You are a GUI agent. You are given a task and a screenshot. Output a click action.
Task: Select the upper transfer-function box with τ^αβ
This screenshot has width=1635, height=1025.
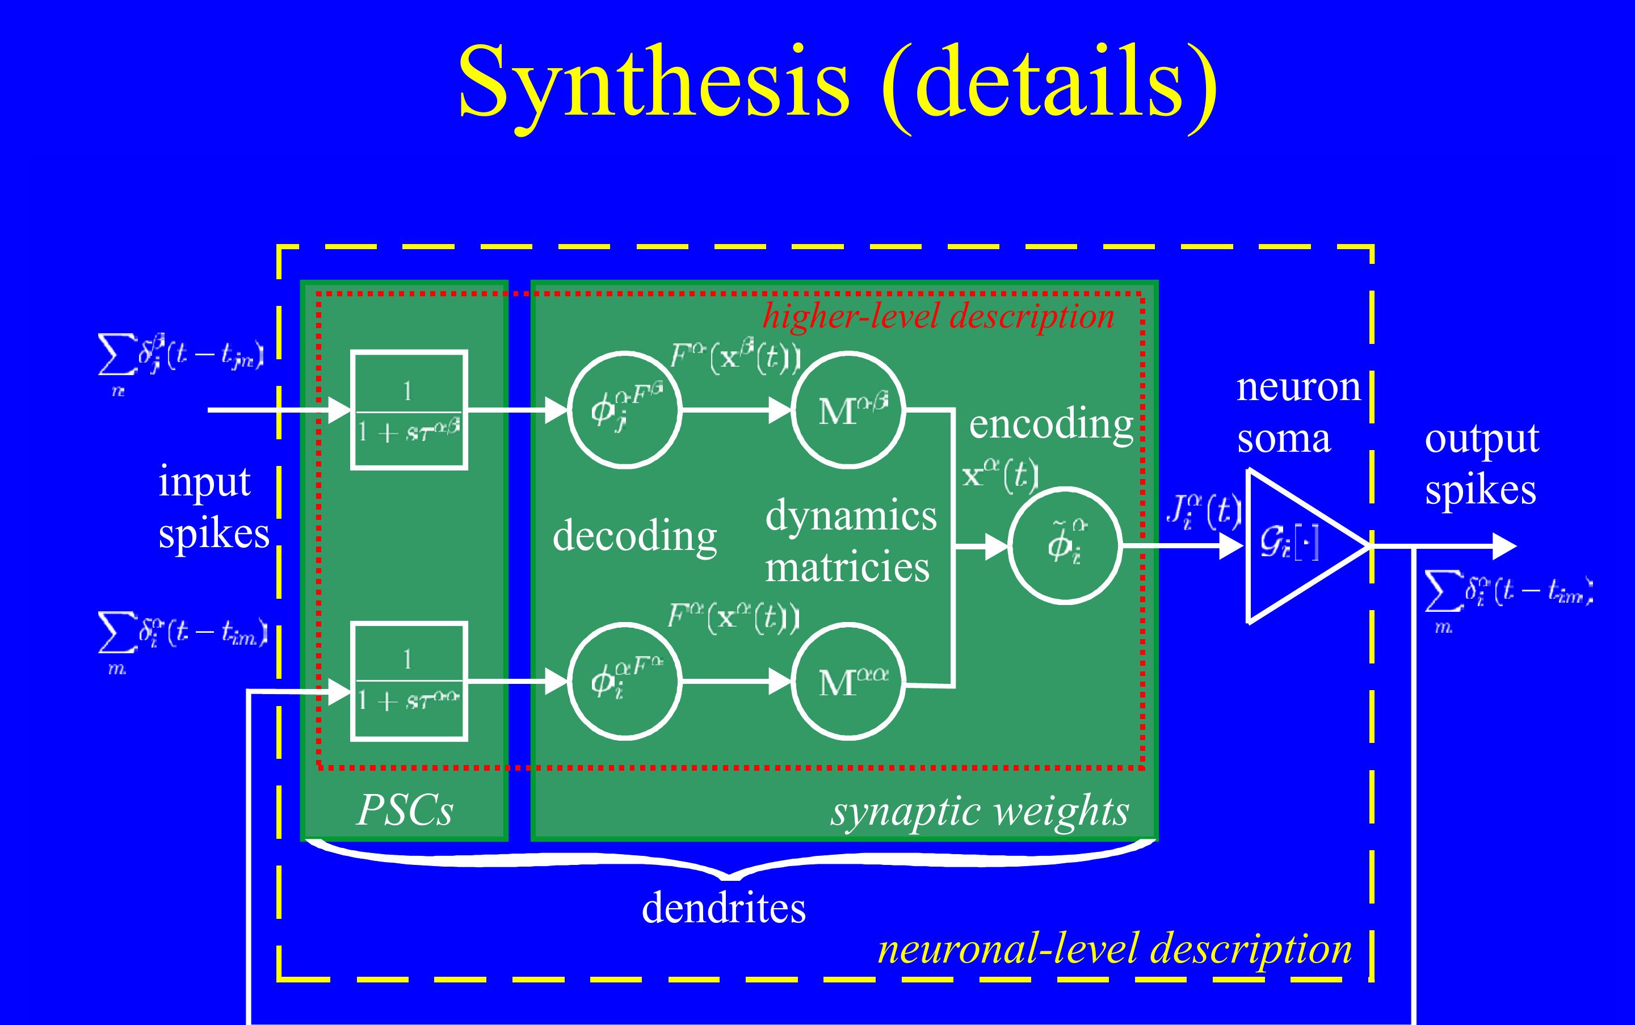pos(409,410)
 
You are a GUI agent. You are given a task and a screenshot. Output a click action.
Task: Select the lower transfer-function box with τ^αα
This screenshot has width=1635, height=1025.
pos(409,680)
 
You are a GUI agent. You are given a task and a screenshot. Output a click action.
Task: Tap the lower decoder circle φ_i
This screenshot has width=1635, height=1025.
pos(624,680)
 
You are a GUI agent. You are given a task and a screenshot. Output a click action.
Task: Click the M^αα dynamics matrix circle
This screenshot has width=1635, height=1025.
pos(848,680)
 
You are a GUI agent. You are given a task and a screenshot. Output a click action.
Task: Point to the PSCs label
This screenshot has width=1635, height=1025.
pos(405,809)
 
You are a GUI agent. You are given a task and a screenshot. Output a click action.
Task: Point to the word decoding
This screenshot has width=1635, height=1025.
pos(634,536)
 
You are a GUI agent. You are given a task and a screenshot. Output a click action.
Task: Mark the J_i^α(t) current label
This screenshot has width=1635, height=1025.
pos(1203,512)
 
